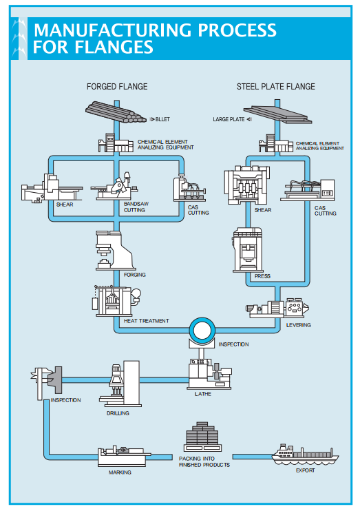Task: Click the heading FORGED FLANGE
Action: tap(117, 86)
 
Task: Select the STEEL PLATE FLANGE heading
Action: tap(275, 86)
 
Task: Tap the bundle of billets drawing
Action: tap(116, 112)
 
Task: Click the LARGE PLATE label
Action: tap(229, 119)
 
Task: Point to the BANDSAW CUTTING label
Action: tap(136, 207)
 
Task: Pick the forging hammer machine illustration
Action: tap(116, 251)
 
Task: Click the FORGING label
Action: tap(134, 275)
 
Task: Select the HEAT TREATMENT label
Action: tap(147, 321)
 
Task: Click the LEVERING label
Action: tap(299, 325)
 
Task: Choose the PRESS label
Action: tap(262, 276)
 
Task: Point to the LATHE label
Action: tap(203, 394)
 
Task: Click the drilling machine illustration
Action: tap(120, 383)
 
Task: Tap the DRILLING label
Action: tap(118, 413)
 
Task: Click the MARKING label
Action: tap(120, 472)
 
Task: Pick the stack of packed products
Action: tap(202, 437)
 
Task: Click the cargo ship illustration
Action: tap(305, 455)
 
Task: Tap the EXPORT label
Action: tap(305, 470)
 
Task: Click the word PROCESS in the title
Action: tap(237, 30)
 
